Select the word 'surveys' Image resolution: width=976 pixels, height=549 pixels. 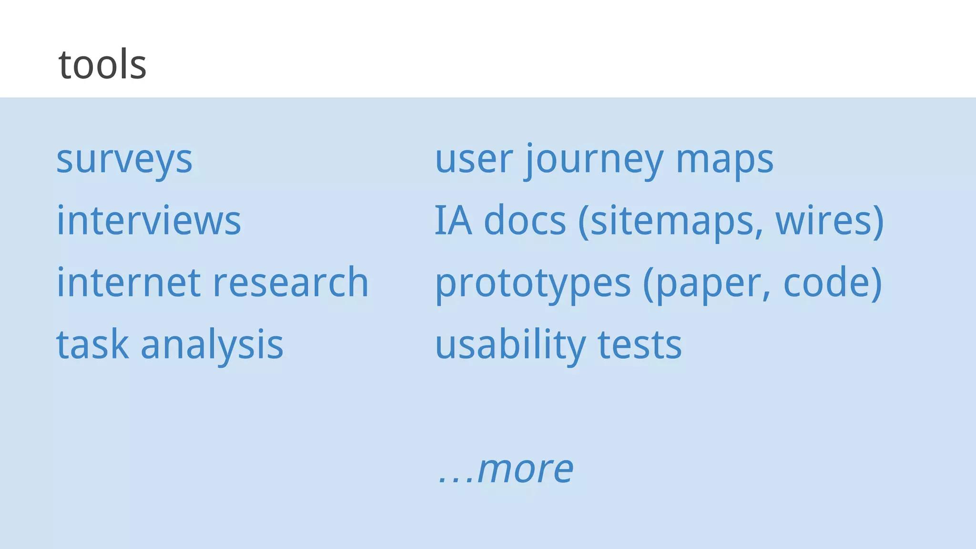tap(124, 160)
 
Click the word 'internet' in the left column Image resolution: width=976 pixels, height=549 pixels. tap(129, 282)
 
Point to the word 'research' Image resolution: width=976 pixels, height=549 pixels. tap(291, 282)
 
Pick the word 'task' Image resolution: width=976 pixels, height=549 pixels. tap(92, 344)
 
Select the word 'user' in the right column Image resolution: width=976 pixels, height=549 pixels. tap(474, 160)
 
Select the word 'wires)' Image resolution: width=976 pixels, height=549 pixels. tap(830, 221)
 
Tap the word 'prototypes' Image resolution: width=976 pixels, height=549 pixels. tap(533, 283)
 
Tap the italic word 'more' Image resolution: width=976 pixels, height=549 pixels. tap(525, 469)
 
